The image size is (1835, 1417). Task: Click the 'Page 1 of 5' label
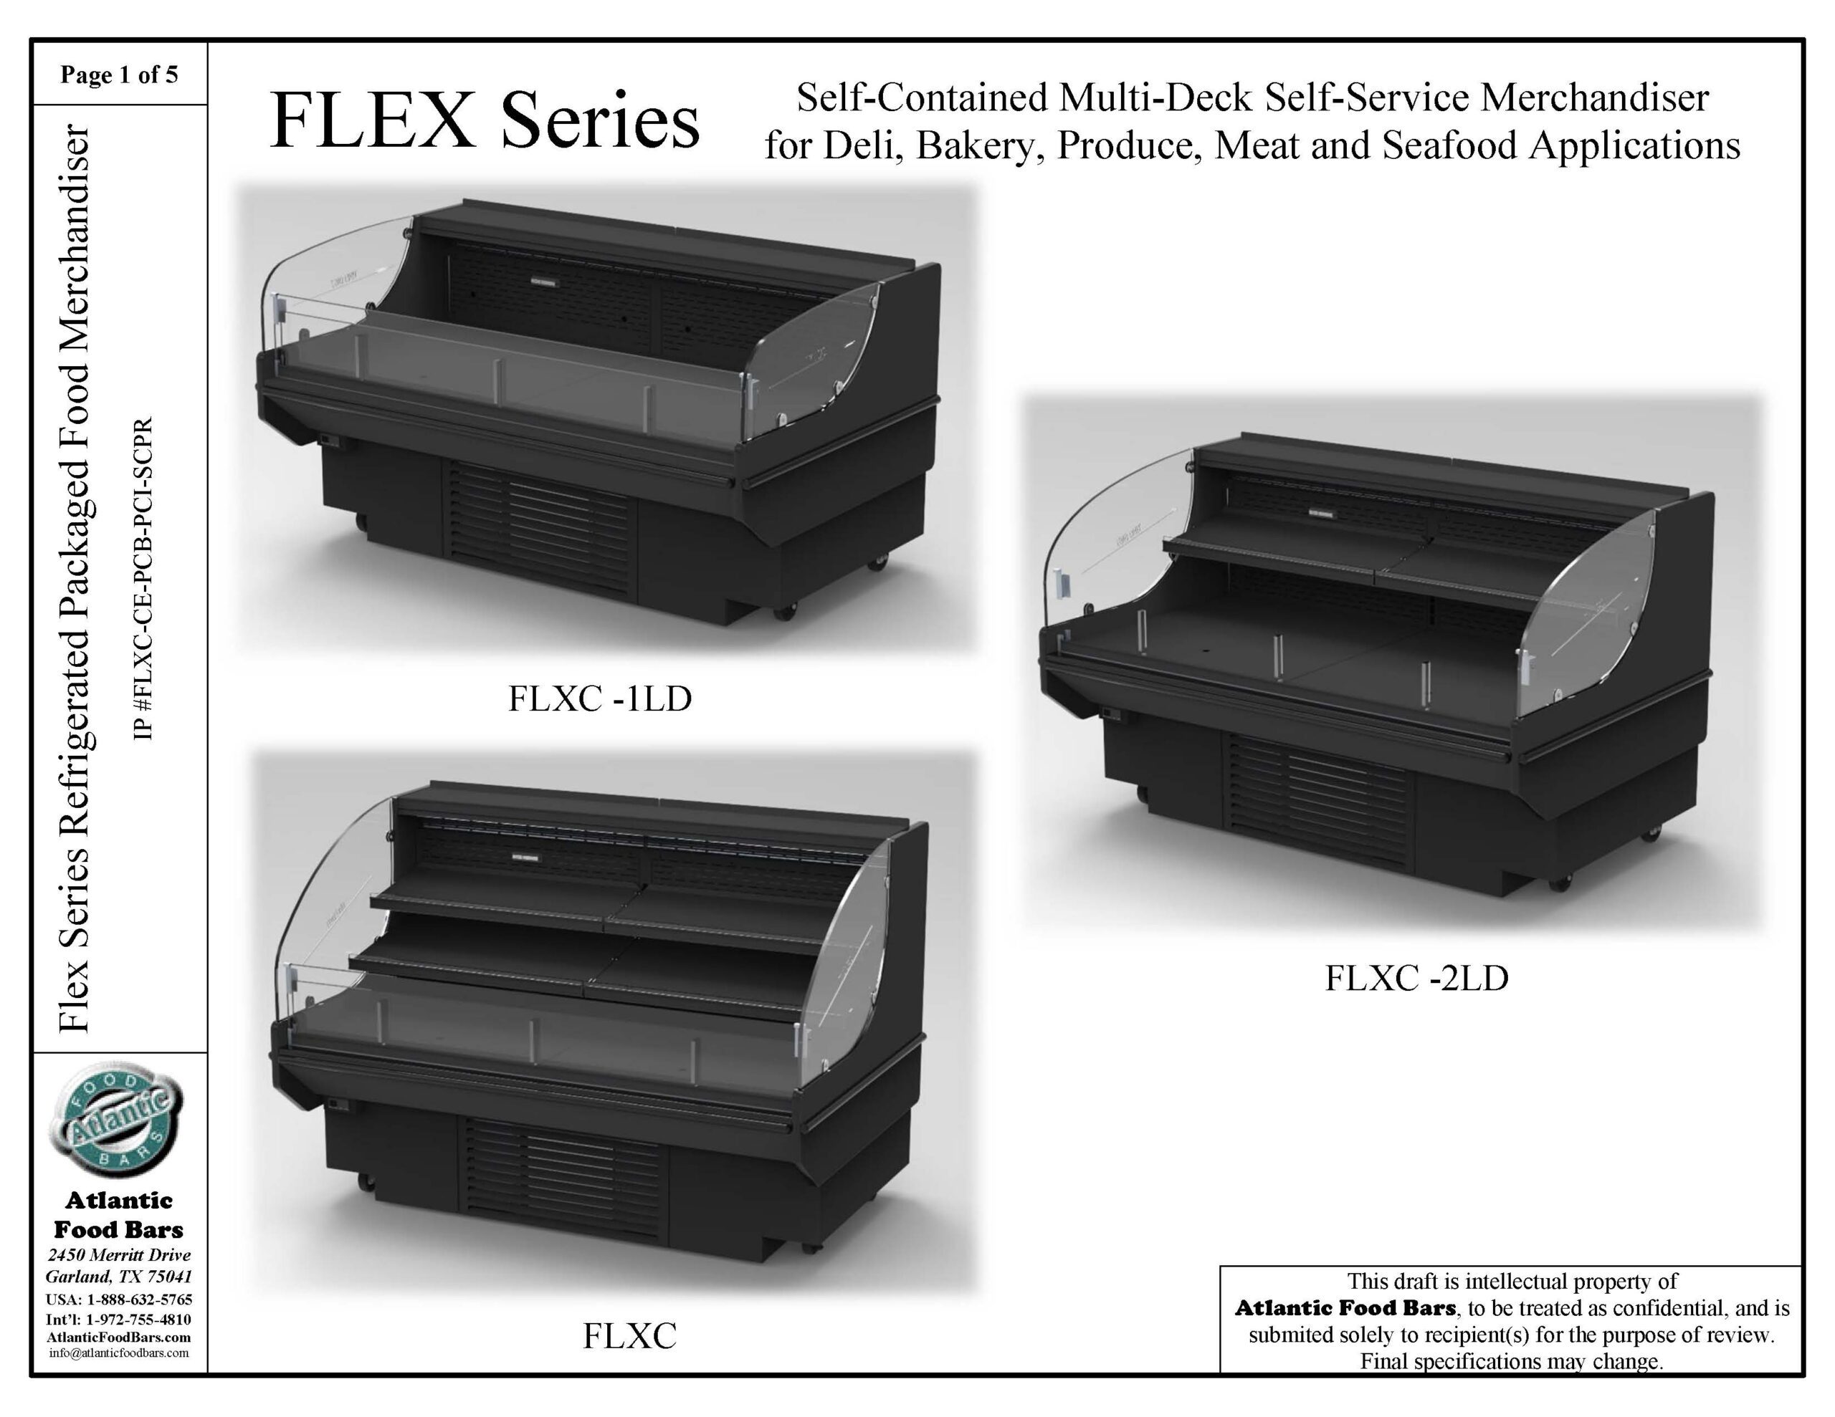[x=119, y=76]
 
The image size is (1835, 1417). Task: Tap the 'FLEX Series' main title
[x=484, y=122]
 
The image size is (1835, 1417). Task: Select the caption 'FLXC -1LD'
[x=600, y=699]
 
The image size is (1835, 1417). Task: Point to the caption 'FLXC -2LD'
[x=1416, y=978]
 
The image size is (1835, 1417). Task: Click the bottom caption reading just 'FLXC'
[x=629, y=1336]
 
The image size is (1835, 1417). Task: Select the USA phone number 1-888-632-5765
[x=140, y=1300]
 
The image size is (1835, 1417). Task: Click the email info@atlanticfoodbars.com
[x=119, y=1353]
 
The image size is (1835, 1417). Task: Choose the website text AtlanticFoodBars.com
[x=119, y=1337]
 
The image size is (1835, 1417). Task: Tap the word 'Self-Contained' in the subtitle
[x=922, y=97]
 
